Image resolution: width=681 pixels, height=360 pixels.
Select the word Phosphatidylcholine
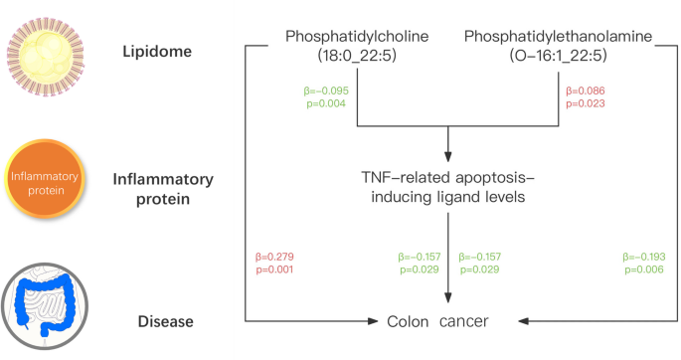[357, 37]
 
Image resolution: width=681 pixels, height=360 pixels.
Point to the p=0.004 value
[324, 102]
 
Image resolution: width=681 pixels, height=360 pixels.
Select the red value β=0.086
[585, 90]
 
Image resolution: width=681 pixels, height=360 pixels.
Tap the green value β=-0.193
[642, 257]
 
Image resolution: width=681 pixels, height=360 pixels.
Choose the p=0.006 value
[642, 269]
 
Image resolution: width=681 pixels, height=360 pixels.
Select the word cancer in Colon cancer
[464, 321]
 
